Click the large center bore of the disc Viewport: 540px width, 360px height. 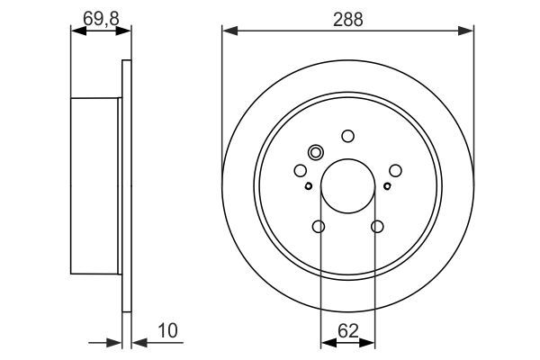tap(347, 184)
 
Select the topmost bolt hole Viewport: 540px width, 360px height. tap(347, 136)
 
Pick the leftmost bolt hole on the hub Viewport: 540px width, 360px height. tap(301, 170)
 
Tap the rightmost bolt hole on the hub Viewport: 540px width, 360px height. tap(395, 169)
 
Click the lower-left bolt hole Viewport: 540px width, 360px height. tap(319, 226)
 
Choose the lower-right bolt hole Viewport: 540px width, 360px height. tap(377, 226)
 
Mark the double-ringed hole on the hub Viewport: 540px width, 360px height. tap(315, 152)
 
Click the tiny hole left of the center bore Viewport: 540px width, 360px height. tap(308, 186)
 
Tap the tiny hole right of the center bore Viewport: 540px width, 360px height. tap(387, 186)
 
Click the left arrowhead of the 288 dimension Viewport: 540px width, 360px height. tap(228, 31)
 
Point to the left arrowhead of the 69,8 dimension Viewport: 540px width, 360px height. tap(76, 31)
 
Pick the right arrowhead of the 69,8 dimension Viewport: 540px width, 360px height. tap(125, 31)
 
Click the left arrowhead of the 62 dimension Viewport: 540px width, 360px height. tap(326, 343)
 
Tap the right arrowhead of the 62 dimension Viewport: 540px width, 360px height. tap(370, 343)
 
